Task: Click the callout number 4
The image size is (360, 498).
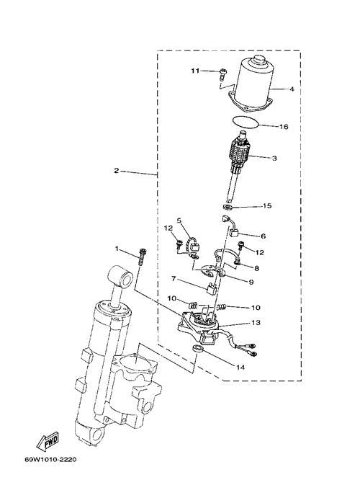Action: [292, 89]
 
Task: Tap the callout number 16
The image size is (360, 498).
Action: [284, 126]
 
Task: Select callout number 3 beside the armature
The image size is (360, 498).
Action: [274, 158]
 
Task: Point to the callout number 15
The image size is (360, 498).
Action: [267, 206]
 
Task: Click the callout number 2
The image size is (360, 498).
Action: [117, 171]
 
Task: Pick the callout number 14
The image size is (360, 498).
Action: [240, 367]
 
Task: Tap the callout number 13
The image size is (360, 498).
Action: [256, 322]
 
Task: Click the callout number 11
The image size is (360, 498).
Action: [195, 71]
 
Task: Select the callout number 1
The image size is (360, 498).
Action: [117, 249]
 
